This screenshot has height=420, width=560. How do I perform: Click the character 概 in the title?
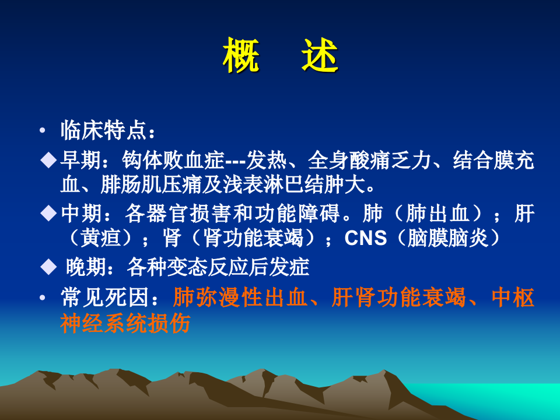(241, 56)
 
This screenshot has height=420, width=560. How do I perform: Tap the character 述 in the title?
(320, 56)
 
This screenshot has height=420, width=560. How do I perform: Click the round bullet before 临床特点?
(42, 130)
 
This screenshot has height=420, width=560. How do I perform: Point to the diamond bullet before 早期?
(48, 160)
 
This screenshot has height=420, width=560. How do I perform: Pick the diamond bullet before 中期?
(48, 213)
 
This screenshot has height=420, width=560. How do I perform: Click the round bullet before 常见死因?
(42, 298)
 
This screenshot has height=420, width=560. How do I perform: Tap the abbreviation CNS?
(366, 239)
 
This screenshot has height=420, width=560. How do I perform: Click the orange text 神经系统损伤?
(125, 324)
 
